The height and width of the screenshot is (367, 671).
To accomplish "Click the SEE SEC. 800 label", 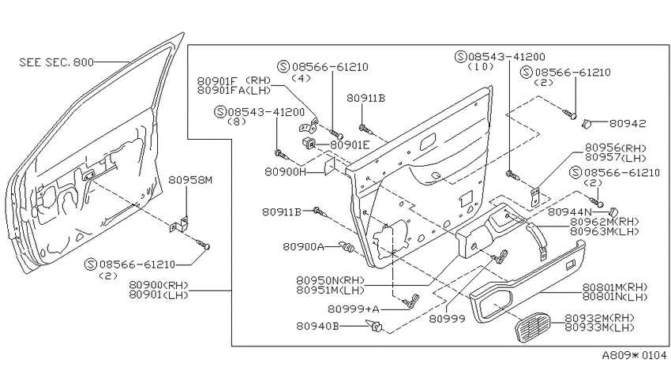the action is click(x=57, y=62).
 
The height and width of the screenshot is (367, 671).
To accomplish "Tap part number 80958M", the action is click(x=190, y=180).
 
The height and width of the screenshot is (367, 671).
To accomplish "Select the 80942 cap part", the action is click(x=587, y=124).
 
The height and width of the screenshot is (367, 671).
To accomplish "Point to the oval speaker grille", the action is click(x=532, y=328).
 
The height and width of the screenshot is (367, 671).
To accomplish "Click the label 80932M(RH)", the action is click(x=599, y=318).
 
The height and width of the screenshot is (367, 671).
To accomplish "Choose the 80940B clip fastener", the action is click(x=376, y=327).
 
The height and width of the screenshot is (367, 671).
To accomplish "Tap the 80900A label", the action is click(x=303, y=247).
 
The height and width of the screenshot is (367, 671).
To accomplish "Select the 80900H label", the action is click(x=286, y=171).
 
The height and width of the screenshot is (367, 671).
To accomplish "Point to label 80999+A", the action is click(x=354, y=309).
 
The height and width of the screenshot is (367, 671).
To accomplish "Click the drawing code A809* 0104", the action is click(x=634, y=355).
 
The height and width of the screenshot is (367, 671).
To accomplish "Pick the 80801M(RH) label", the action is click(x=615, y=287).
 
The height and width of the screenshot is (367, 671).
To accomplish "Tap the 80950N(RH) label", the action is click(x=330, y=281).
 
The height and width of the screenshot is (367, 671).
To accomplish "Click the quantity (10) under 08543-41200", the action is click(x=481, y=67).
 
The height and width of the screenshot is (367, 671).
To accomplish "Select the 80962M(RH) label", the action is click(x=604, y=222).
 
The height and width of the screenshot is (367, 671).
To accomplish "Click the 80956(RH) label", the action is click(x=616, y=148).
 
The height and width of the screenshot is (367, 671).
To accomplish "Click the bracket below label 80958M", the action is click(x=178, y=224).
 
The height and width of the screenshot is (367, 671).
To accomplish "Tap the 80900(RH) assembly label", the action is click(x=159, y=285).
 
